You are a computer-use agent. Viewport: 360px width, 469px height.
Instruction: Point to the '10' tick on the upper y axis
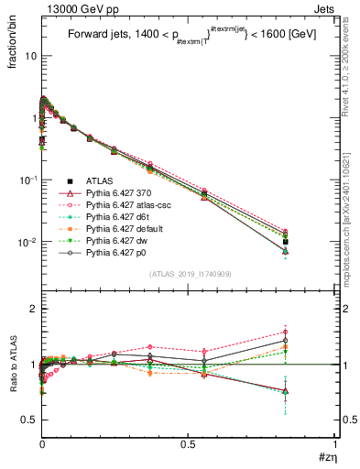(x=27, y=55)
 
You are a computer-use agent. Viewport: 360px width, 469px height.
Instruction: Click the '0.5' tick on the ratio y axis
(x=27, y=420)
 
